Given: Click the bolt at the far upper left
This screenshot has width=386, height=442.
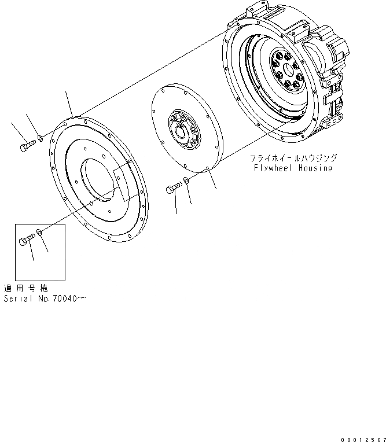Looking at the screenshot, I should point(27,148).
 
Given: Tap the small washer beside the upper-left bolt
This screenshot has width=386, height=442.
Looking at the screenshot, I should point(39,138).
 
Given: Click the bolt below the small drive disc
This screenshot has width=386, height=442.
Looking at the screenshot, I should point(174,189).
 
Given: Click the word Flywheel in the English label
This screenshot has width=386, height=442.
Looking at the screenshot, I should point(274,168).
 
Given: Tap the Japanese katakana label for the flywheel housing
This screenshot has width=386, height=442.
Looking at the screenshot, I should point(293,157).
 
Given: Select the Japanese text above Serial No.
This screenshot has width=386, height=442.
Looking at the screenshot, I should point(25,288).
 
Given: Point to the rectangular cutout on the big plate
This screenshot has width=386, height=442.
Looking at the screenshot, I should point(125,183).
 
